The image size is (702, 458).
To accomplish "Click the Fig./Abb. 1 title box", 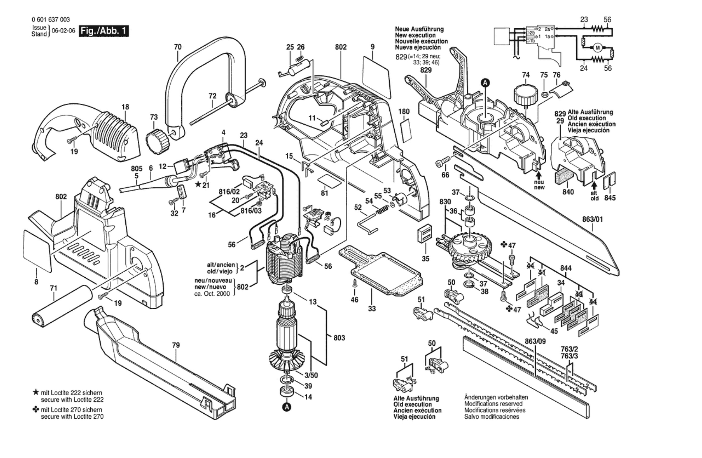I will click(104, 31).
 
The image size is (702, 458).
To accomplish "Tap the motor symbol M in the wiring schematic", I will click(597, 48).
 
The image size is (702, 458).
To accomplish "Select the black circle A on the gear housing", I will click(485, 83).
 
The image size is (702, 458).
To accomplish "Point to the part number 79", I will click(176, 345).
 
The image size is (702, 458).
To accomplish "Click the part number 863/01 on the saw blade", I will click(593, 219).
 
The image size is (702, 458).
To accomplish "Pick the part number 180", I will click(404, 111).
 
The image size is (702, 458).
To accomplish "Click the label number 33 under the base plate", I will click(372, 308).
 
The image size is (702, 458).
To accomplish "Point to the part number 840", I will click(568, 192).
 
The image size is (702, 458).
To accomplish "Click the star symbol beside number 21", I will click(198, 184).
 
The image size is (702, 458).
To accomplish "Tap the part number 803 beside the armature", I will click(339, 338).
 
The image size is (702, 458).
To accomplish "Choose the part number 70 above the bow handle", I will click(178, 47).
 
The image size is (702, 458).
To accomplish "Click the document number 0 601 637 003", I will click(51, 20).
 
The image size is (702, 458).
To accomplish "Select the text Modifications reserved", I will click(493, 404).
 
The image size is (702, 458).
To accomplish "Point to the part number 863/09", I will click(535, 341).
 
